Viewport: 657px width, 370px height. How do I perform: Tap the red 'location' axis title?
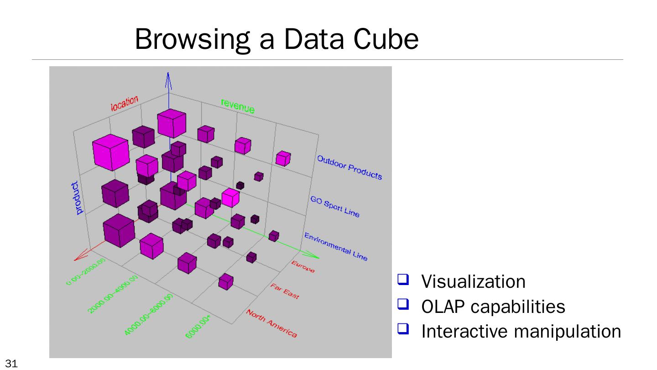click(x=125, y=104)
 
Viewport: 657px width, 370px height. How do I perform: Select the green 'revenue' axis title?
click(x=238, y=106)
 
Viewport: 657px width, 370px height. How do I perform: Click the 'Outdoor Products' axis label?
click(x=349, y=167)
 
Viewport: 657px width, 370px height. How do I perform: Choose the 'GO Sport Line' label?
click(x=335, y=206)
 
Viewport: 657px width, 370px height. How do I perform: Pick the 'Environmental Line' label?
click(x=336, y=247)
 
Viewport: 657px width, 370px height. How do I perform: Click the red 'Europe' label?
click(x=303, y=267)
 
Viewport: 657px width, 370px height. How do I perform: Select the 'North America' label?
click(x=272, y=324)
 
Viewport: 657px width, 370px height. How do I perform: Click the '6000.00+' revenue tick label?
click(x=198, y=328)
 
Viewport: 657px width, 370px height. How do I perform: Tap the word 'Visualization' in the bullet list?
click(x=473, y=282)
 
